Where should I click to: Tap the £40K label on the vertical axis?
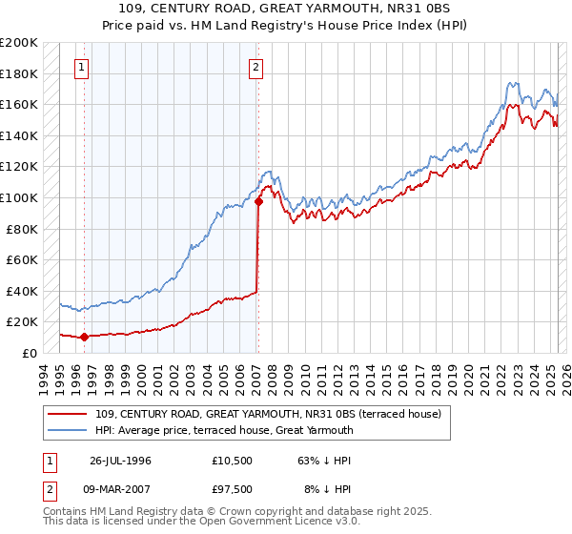click(23, 291)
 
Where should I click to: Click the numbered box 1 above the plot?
click(83, 68)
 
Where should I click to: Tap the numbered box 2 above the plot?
click(257, 68)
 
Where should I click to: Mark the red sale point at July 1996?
click(84, 337)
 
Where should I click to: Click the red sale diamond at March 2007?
click(258, 201)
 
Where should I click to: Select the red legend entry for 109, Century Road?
click(268, 415)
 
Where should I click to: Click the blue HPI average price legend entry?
click(224, 430)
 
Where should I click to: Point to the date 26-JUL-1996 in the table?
click(120, 461)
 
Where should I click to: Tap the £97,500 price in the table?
click(234, 491)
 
